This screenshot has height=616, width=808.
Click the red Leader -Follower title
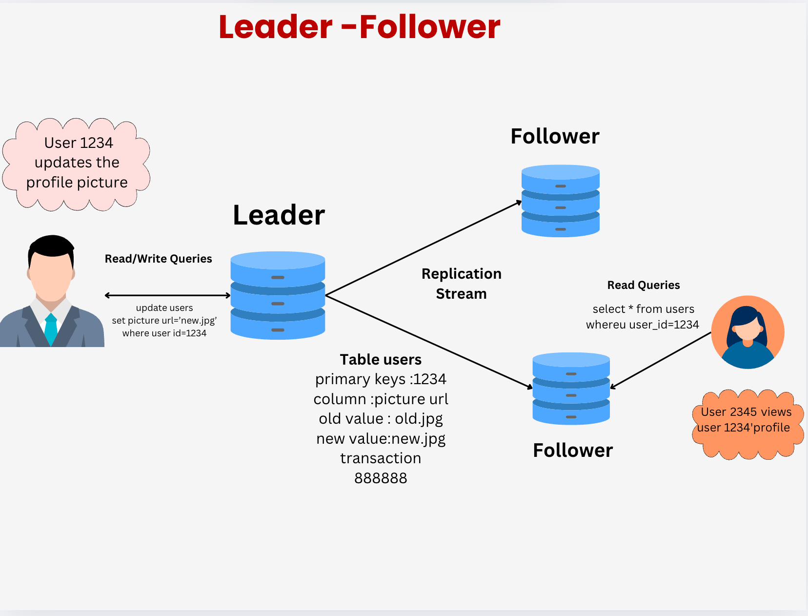[360, 27]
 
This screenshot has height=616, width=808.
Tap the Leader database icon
[278, 295]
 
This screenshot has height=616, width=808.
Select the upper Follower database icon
[560, 201]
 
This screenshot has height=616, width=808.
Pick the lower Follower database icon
[571, 389]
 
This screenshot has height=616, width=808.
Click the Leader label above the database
[279, 215]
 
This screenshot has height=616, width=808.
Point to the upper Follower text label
[555, 137]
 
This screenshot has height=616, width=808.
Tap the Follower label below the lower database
[572, 451]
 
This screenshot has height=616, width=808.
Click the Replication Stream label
[461, 284]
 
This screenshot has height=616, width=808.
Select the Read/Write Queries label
[158, 259]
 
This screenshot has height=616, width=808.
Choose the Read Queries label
[643, 285]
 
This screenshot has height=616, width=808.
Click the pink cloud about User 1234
[77, 163]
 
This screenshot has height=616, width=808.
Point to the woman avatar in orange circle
[747, 332]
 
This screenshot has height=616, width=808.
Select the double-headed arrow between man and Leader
[167, 295]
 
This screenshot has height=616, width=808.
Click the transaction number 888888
[381, 478]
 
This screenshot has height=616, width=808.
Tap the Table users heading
[381, 360]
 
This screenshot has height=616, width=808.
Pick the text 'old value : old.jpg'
[381, 419]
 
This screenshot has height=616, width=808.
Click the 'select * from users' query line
[643, 309]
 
